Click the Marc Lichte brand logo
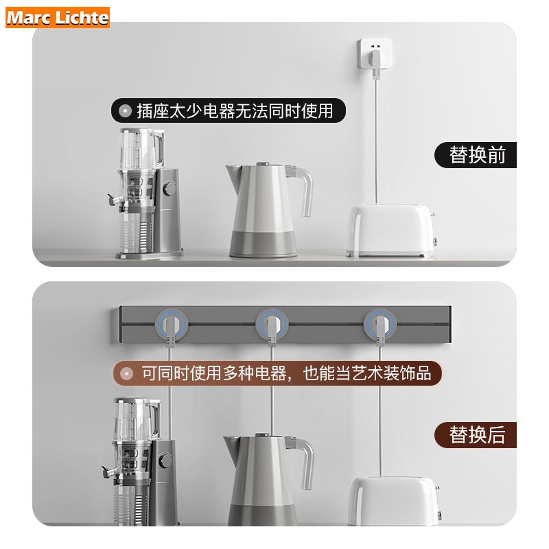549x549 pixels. [x=58, y=17]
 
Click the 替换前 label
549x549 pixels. [x=477, y=155]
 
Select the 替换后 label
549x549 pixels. [x=477, y=434]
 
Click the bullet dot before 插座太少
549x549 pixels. [x=125, y=110]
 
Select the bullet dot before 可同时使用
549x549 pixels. [x=126, y=373]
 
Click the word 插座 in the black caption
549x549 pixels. [x=151, y=110]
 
